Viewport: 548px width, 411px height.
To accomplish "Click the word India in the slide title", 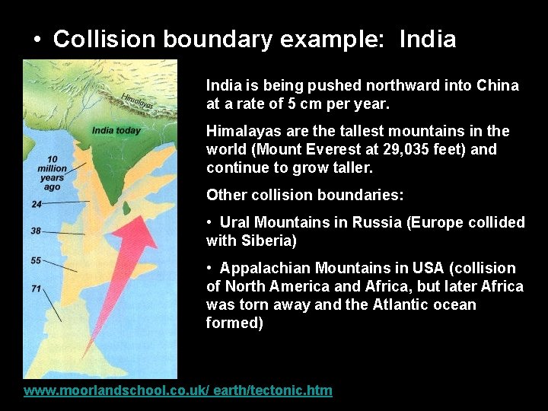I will tap(427, 40).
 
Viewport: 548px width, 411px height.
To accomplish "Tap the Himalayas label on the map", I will tap(137, 100).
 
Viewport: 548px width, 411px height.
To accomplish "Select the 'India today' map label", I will tap(116, 130).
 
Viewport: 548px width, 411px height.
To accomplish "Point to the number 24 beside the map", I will tap(37, 204).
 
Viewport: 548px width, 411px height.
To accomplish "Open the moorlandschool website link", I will tap(178, 390).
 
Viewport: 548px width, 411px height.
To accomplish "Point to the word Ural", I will tap(235, 222).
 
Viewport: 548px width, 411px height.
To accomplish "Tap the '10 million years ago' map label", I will tap(52, 173).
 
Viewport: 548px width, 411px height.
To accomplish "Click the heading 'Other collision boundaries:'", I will tap(304, 195).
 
